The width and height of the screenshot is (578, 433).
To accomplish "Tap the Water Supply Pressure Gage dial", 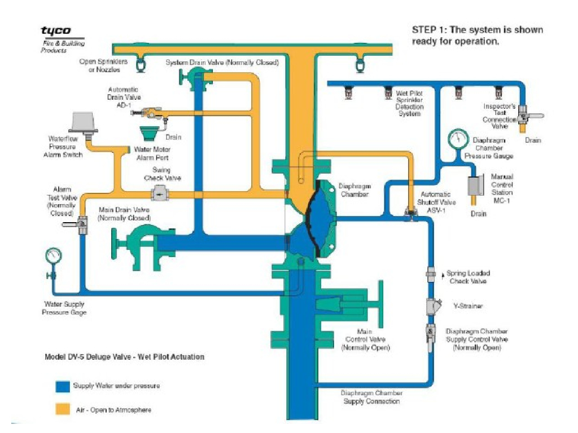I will tap(52, 255).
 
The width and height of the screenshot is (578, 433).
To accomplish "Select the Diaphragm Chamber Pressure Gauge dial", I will tap(458, 140).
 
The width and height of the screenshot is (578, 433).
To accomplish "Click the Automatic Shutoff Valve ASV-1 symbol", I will tap(409, 212).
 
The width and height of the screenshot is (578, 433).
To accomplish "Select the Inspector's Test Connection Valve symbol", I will tap(523, 116).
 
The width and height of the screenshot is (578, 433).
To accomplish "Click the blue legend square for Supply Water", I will tap(62, 386).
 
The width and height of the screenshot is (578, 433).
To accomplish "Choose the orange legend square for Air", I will tap(62, 409).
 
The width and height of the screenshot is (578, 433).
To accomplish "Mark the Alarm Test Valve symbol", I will tap(81, 225).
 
